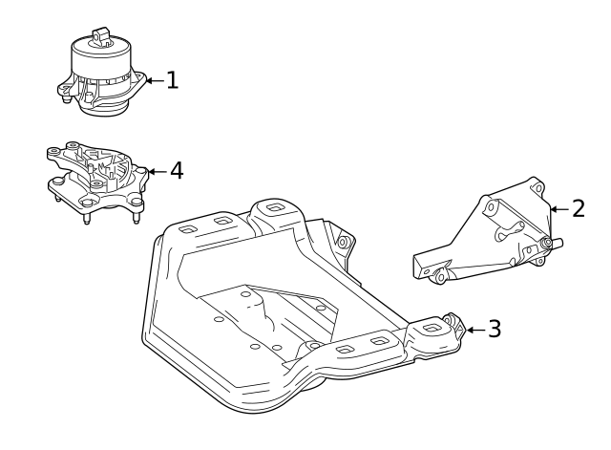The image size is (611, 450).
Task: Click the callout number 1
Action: [x=172, y=80]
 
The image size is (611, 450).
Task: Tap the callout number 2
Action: [x=579, y=208]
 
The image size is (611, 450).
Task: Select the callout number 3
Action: [x=494, y=329]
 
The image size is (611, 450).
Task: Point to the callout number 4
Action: [x=176, y=171]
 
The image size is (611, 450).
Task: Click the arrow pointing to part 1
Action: [x=154, y=81]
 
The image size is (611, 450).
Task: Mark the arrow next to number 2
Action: [x=559, y=208]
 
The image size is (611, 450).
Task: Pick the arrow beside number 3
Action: [x=474, y=330]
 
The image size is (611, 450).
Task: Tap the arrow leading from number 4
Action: [x=158, y=172]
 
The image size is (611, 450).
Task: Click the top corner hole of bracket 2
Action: [x=537, y=188]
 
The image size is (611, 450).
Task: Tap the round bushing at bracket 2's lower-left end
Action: [x=440, y=277]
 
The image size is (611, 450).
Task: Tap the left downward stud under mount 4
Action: [x=88, y=217]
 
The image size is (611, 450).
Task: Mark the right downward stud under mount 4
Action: [x=135, y=214]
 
